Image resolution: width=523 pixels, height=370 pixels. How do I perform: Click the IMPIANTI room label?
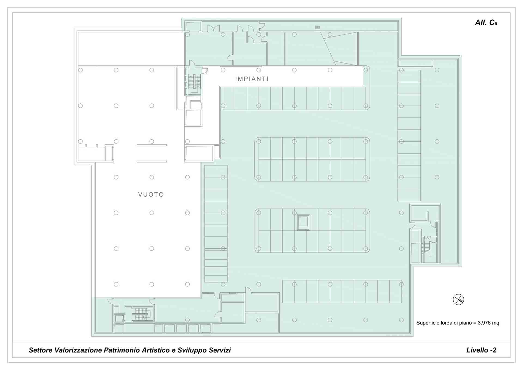click(x=252, y=79)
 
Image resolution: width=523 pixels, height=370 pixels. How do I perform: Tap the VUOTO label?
click(x=151, y=195)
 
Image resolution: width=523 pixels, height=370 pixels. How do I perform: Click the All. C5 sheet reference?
click(x=486, y=23)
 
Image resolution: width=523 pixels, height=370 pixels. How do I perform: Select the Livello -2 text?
click(x=481, y=350)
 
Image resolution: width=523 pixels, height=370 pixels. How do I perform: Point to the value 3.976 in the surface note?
click(x=484, y=323)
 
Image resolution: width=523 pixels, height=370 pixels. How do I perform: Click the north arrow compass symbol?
click(x=458, y=300)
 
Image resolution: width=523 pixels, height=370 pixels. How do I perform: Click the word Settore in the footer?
click(x=41, y=350)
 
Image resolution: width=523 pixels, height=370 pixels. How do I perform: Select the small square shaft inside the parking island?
click(x=303, y=222)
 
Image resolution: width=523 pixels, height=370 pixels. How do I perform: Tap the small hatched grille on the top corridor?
click(x=318, y=27)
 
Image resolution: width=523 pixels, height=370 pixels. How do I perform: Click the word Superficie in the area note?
click(x=428, y=323)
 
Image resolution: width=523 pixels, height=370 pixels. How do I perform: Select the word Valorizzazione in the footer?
click(x=78, y=350)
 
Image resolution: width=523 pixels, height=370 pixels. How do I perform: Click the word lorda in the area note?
click(x=446, y=323)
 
